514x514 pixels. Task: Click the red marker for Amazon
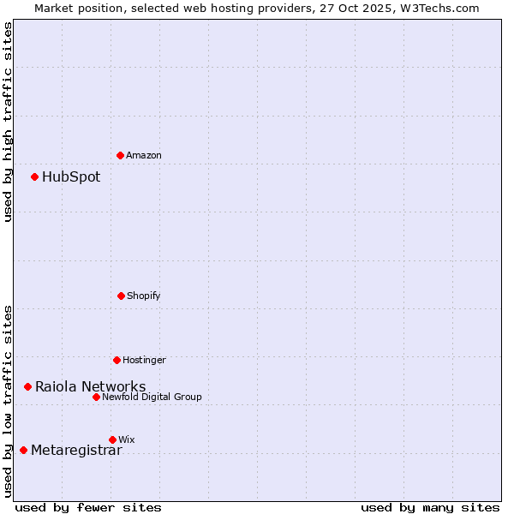tap(120, 155)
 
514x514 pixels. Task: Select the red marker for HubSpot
tap(34, 177)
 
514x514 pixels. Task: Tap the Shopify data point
tap(121, 296)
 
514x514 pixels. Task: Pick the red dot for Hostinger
tap(117, 360)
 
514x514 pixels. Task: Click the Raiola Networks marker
tap(27, 387)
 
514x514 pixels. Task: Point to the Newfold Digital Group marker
tap(96, 397)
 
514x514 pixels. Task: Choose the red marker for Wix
tap(112, 439)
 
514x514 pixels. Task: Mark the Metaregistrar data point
tap(23, 451)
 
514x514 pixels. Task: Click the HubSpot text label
tap(71, 177)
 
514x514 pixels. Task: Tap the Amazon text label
tap(144, 155)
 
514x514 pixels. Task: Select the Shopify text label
tap(144, 296)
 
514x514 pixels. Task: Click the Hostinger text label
tap(144, 360)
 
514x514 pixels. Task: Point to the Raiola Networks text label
tap(90, 387)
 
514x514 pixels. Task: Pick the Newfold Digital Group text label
tap(152, 397)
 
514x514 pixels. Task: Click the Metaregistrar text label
tap(76, 451)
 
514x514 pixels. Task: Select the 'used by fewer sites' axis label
tap(88, 507)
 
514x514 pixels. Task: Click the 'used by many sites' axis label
tap(430, 507)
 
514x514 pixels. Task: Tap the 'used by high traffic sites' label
tap(8, 122)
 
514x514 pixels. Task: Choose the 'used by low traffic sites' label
tap(8, 401)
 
